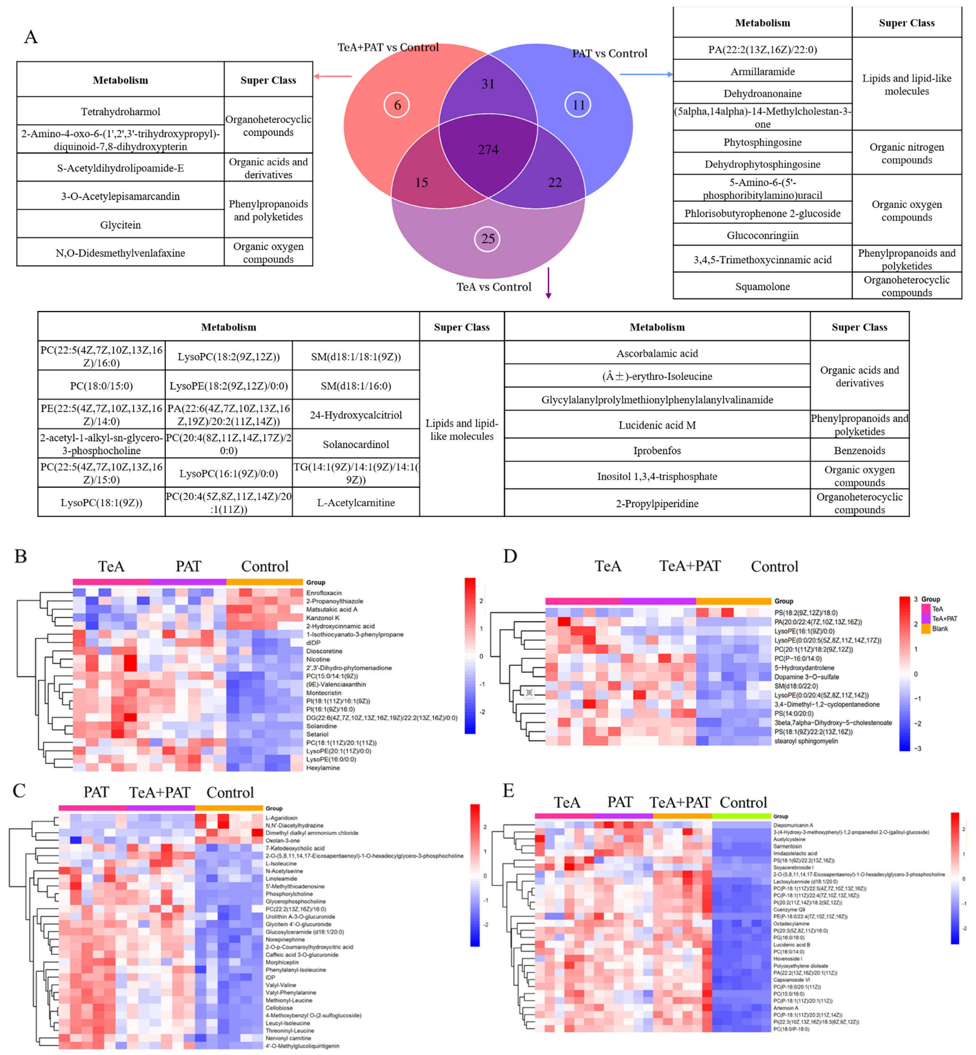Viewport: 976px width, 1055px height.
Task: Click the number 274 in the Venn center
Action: click(488, 150)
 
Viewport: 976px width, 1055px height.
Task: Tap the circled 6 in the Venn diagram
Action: click(397, 105)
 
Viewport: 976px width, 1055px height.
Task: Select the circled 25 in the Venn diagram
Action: click(487, 239)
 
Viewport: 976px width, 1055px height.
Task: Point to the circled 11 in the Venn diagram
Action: click(578, 105)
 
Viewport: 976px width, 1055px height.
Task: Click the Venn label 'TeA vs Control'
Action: click(493, 287)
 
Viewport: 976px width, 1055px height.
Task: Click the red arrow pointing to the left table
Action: click(333, 76)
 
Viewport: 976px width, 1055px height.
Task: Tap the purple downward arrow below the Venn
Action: click(548, 283)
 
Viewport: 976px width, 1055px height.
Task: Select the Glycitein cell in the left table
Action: click(120, 225)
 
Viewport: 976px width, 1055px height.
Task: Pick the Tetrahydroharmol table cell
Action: click(120, 111)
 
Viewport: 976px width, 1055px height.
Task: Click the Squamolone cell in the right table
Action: click(762, 286)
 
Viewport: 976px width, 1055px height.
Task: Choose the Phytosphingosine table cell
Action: click(762, 142)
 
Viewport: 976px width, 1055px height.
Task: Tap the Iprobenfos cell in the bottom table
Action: click(657, 450)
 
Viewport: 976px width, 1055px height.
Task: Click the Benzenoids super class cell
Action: click(859, 450)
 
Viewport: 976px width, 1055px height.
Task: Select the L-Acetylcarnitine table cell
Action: click(356, 502)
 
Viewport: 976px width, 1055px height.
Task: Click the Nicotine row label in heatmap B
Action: click(318, 659)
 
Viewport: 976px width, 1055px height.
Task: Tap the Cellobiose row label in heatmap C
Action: click(279, 1008)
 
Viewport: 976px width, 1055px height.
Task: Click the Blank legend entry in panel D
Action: click(939, 629)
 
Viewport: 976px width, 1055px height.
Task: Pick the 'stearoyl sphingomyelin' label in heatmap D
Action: click(806, 741)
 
